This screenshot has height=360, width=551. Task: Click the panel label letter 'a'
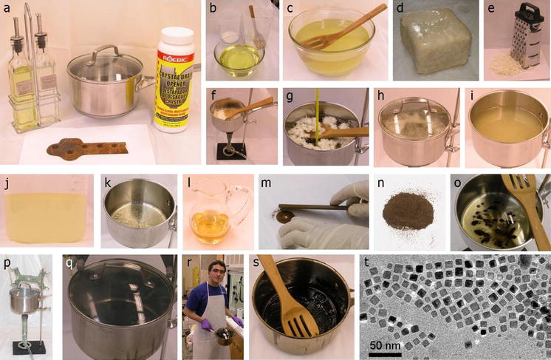(x=7, y=9)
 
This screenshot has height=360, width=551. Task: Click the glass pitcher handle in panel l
(x=242, y=203)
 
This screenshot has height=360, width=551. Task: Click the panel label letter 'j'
(x=7, y=182)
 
